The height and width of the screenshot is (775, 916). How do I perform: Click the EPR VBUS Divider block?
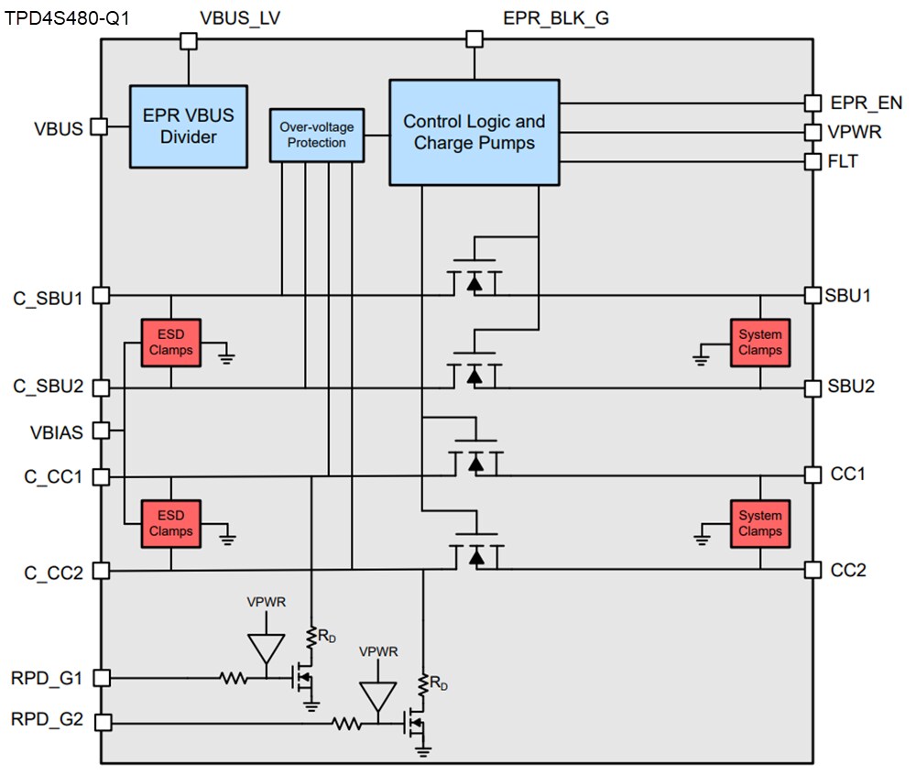click(188, 126)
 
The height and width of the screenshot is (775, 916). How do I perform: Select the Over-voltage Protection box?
click(316, 135)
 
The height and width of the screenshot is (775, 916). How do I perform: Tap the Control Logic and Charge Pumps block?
click(474, 132)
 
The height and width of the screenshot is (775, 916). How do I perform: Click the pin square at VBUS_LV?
click(189, 40)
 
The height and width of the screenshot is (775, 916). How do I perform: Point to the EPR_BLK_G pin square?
click(474, 38)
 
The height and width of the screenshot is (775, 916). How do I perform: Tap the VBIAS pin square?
click(102, 430)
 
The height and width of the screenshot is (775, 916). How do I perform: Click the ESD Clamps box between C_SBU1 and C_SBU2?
click(171, 343)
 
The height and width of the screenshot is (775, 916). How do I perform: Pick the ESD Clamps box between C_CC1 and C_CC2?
click(171, 524)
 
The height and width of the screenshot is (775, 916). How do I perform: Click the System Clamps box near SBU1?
click(760, 343)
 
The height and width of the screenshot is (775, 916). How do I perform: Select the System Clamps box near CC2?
click(760, 524)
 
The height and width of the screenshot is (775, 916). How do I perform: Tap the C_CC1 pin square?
click(102, 477)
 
